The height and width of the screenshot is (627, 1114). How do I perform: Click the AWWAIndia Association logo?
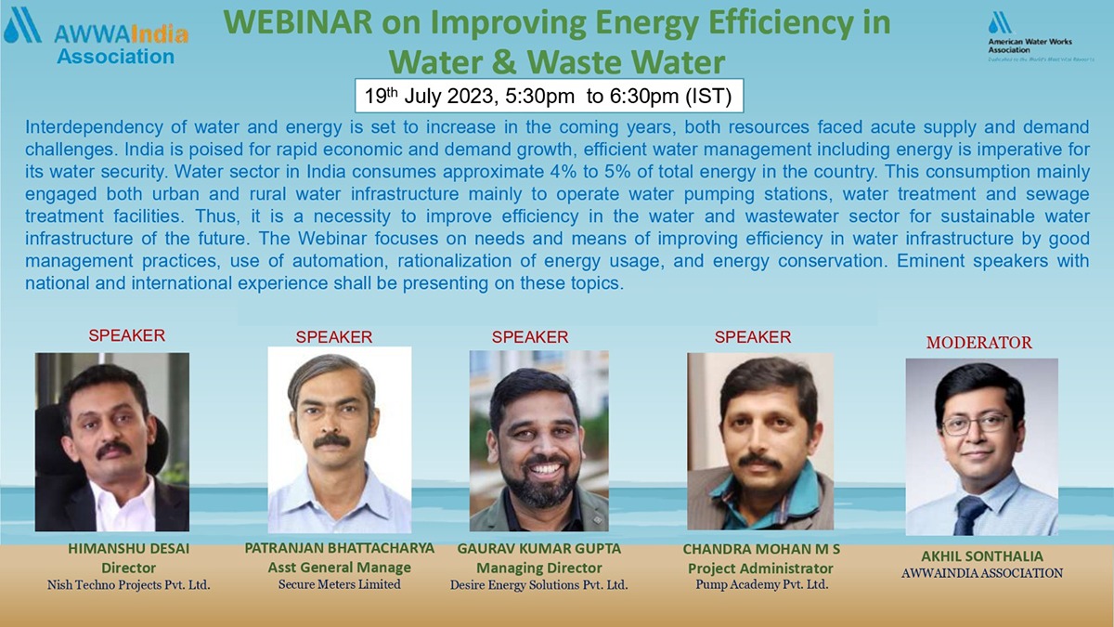point(97,37)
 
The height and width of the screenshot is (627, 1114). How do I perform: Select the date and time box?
point(549,96)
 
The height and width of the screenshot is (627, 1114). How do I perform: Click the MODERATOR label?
point(978,343)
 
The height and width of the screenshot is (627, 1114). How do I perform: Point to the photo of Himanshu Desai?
point(112,441)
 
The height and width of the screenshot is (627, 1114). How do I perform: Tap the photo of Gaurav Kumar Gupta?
point(539,440)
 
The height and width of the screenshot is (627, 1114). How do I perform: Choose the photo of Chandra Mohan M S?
point(760,441)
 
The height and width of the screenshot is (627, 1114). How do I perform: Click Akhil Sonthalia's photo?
point(981,447)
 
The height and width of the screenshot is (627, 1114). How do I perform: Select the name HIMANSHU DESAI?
point(129,549)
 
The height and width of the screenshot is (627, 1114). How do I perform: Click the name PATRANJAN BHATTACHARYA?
point(340,548)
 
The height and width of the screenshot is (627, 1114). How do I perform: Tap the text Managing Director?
point(539,568)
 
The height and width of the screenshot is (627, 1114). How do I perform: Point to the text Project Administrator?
point(760,568)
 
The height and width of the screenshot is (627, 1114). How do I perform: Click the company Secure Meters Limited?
point(340,584)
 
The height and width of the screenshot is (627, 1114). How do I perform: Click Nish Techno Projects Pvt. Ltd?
point(129,585)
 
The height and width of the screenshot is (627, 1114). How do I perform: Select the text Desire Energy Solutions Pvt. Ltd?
point(539,585)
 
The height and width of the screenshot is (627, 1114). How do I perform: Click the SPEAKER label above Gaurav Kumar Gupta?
point(530,337)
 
